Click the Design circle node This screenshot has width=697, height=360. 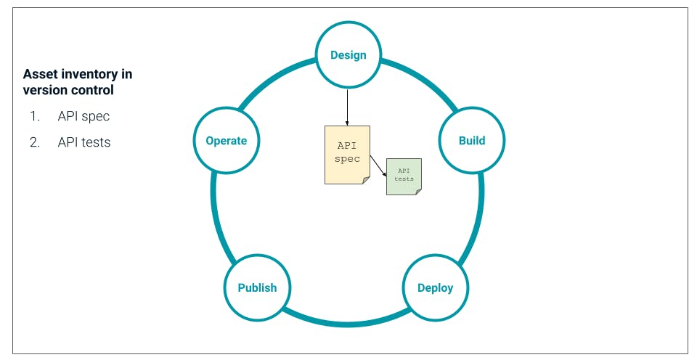coord(348,55)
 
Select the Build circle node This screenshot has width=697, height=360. coord(471,141)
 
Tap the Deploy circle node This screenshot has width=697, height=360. coord(435,287)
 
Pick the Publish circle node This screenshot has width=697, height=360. coord(257,287)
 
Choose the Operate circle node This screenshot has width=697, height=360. coord(226,141)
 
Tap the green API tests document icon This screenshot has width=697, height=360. coord(404,175)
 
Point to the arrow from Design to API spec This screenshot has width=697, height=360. coord(347,105)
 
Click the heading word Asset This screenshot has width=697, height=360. coord(41,74)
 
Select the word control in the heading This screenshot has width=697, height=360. coord(94,91)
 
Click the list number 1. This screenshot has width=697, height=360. coord(34,116)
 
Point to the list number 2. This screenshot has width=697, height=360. coord(34,142)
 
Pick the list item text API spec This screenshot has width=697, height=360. coord(83,116)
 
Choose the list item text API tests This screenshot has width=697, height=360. coord(84,142)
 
